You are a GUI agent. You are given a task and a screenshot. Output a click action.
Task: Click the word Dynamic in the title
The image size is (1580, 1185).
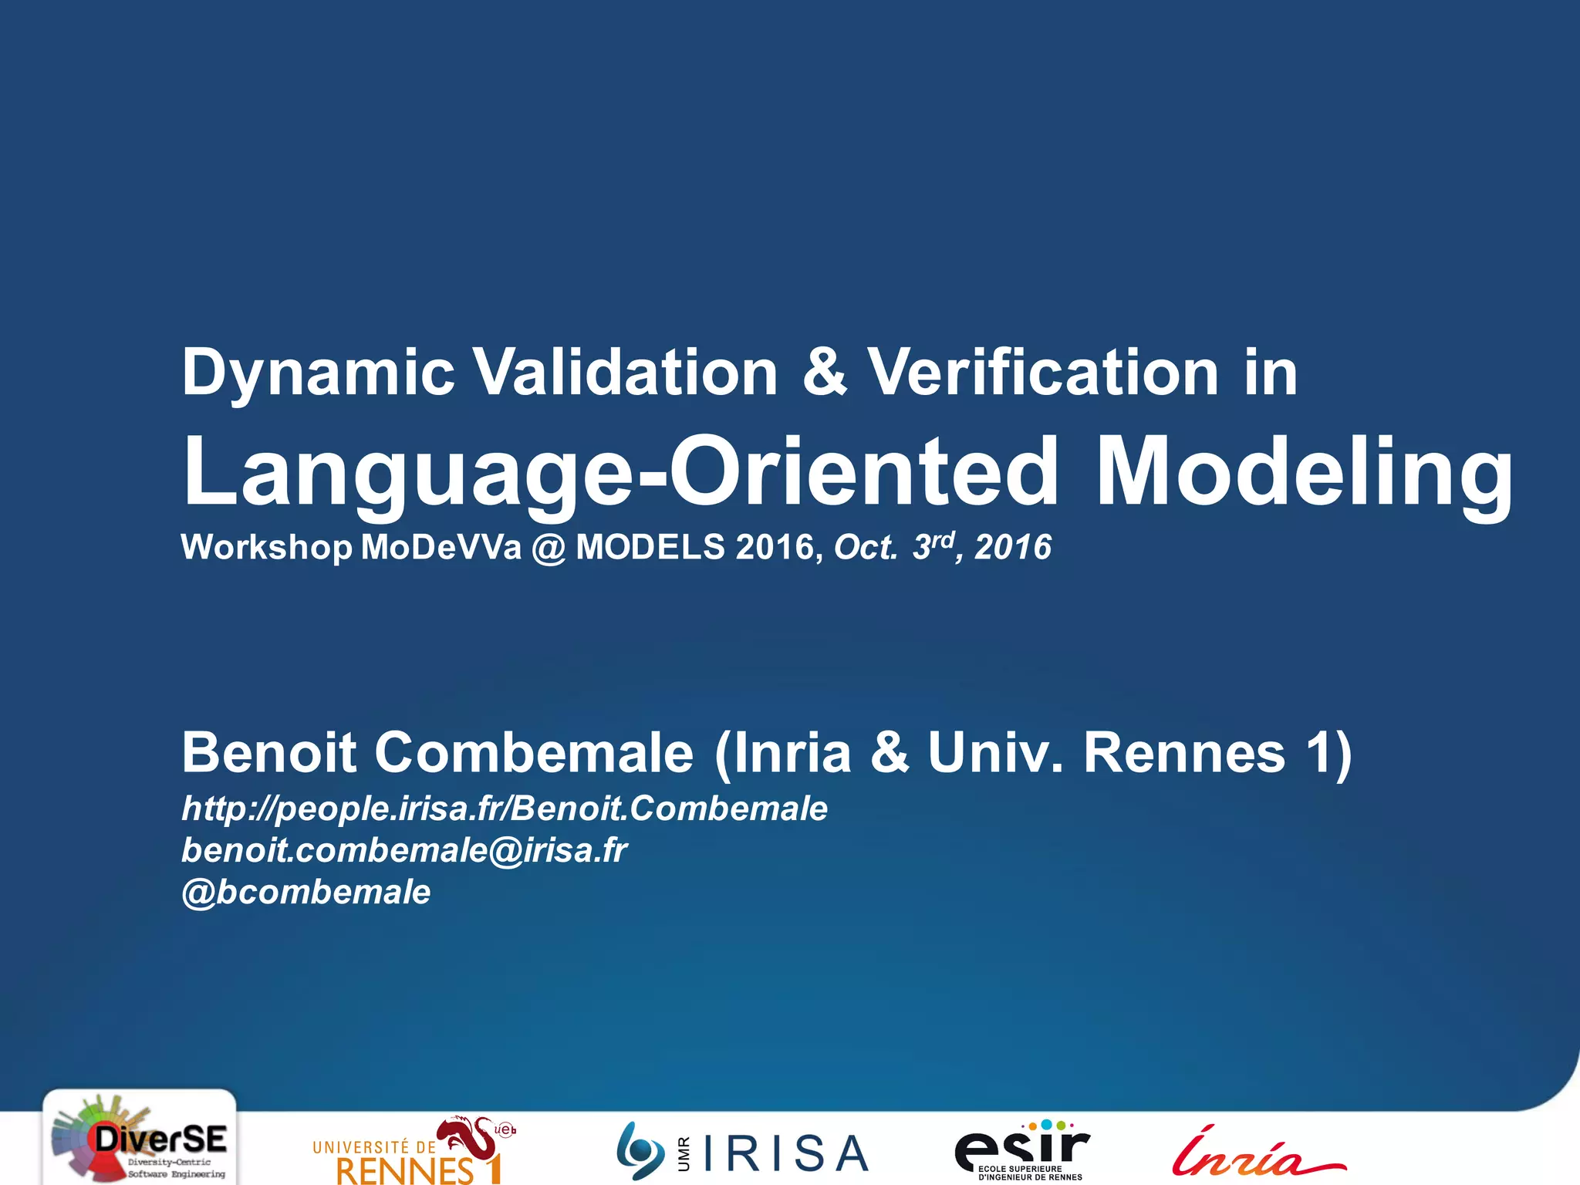318,373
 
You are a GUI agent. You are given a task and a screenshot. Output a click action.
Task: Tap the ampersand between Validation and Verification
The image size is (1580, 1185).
824,372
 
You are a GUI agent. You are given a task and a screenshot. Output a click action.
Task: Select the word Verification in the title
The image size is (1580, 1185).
1043,372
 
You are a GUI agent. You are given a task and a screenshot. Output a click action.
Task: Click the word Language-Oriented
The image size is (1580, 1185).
620,472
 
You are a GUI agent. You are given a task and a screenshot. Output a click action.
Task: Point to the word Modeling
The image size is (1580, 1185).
1304,472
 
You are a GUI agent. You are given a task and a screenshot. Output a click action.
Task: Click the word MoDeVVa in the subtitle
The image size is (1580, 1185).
441,548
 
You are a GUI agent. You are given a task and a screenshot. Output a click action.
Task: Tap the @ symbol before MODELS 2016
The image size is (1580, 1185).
549,548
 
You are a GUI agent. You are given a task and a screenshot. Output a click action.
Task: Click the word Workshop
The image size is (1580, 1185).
266,548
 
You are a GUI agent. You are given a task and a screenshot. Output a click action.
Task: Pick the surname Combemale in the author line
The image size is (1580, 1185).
534,752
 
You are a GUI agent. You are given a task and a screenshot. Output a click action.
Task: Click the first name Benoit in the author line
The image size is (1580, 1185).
268,752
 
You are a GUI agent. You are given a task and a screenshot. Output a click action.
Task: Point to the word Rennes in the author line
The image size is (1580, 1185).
1184,752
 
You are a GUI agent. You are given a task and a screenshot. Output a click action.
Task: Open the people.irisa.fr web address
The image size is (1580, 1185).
505,809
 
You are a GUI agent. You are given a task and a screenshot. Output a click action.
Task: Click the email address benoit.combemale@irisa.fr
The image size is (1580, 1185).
404,850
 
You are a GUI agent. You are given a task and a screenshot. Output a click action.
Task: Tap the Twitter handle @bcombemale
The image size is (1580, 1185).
306,892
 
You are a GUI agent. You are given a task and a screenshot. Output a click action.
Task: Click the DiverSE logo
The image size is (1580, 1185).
140,1139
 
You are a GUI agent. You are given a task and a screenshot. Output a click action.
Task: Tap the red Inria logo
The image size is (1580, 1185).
1258,1153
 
